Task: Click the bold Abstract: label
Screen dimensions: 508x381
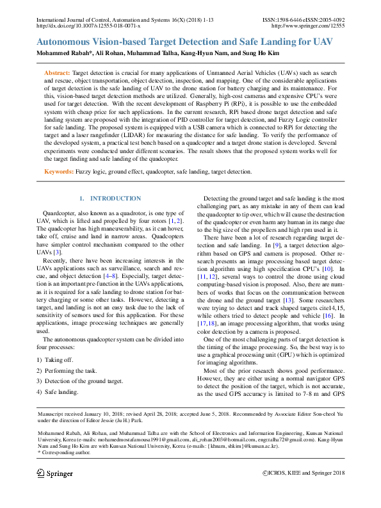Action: click(x=58, y=74)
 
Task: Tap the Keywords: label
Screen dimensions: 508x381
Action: click(x=59, y=172)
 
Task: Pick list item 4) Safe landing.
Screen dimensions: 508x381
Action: click(x=58, y=391)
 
